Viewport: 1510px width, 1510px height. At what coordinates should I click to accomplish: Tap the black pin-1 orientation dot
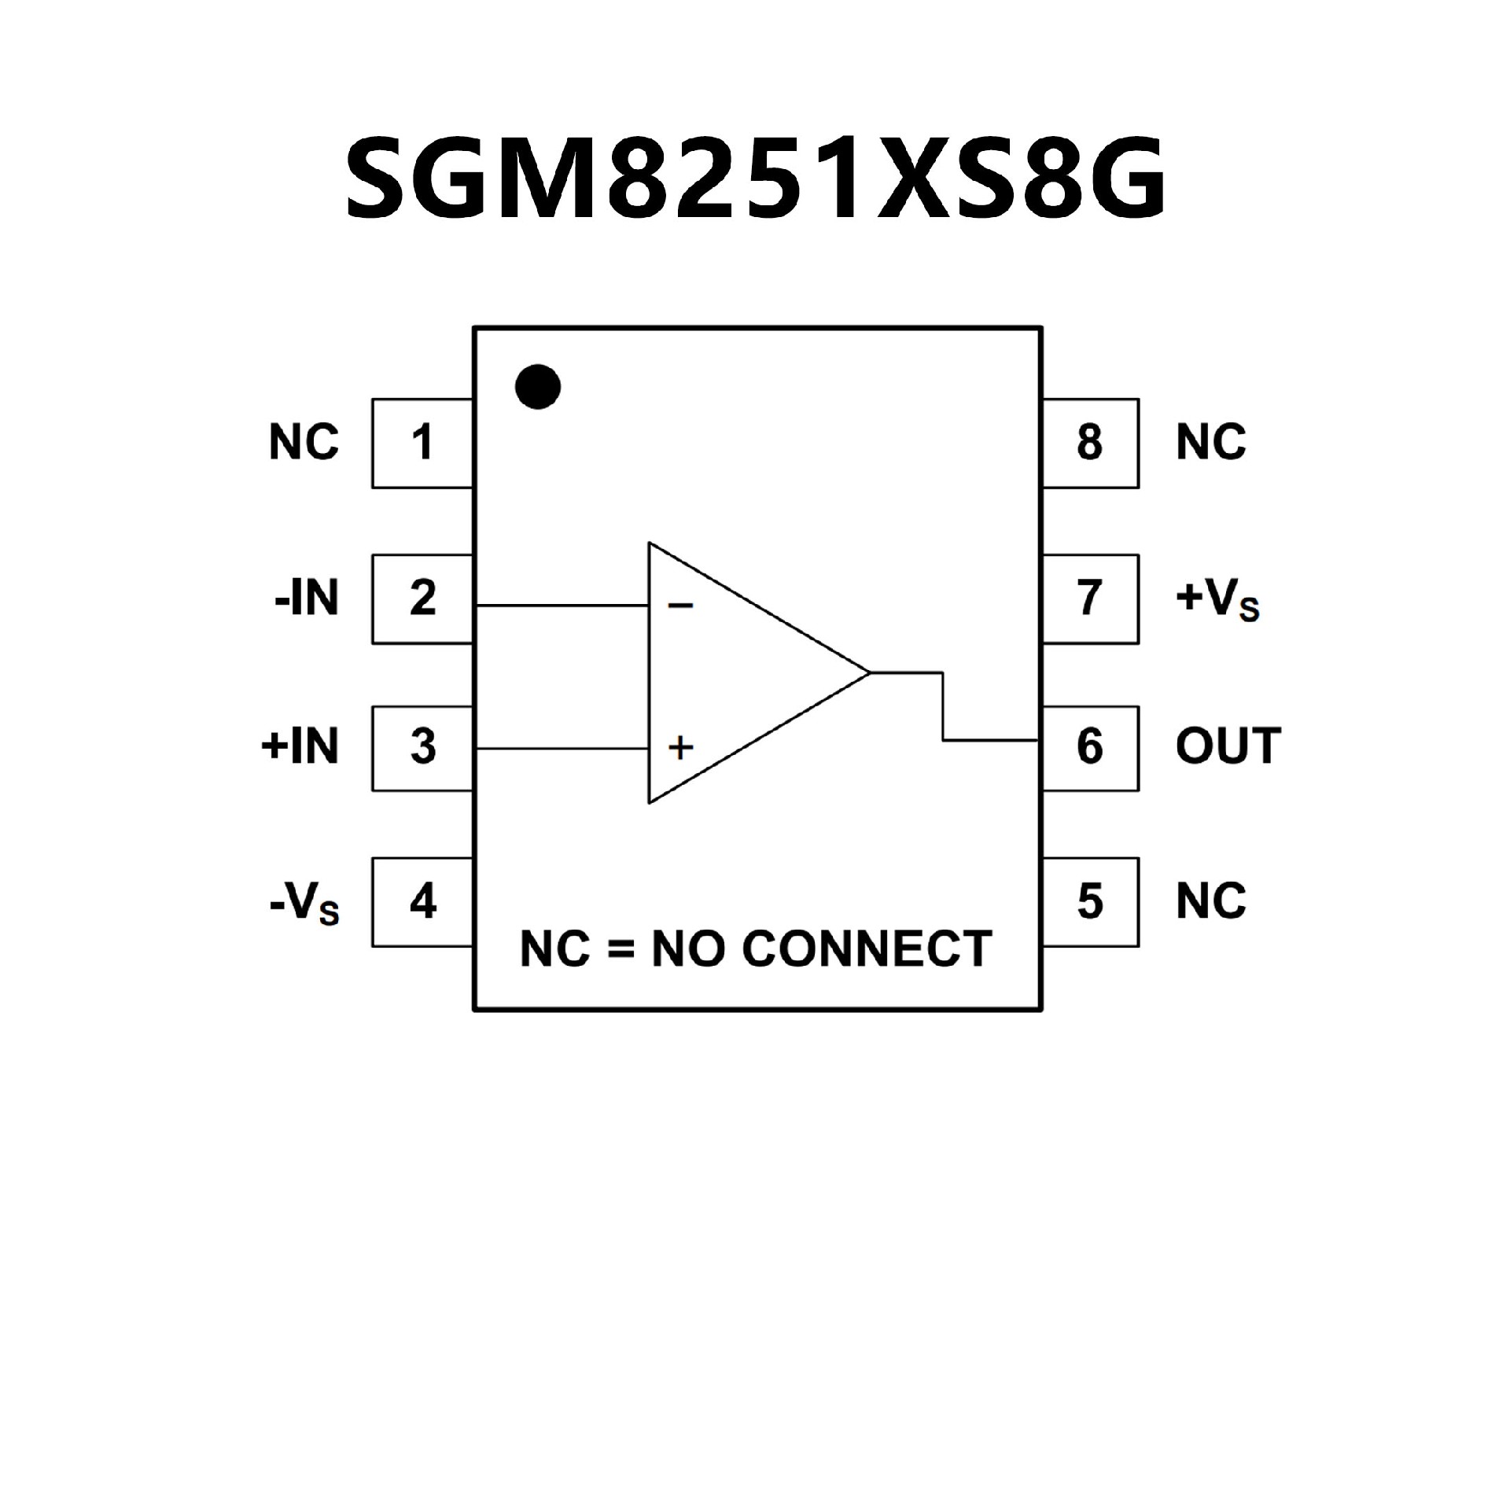(x=538, y=387)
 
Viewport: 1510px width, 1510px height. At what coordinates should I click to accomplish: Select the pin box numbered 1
(x=422, y=443)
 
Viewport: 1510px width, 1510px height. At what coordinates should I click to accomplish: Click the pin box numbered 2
(x=422, y=598)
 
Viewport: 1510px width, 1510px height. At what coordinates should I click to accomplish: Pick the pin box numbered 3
(x=422, y=747)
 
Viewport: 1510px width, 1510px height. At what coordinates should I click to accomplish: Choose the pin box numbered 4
(x=422, y=901)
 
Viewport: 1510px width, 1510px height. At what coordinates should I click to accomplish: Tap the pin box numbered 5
(x=1090, y=901)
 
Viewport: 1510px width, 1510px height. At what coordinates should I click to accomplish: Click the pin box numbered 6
(x=1090, y=747)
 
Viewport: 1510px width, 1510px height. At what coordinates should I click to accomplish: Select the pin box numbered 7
(x=1090, y=598)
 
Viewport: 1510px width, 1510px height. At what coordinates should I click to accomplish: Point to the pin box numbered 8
(x=1090, y=443)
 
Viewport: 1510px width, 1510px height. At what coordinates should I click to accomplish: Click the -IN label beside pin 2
(x=307, y=599)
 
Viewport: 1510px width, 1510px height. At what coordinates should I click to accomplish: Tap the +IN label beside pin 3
(x=300, y=746)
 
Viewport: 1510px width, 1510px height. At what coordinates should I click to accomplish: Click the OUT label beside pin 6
(x=1228, y=746)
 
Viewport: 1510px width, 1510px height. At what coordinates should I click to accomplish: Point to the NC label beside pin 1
(x=304, y=442)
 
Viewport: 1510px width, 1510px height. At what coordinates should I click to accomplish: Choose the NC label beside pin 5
(x=1211, y=901)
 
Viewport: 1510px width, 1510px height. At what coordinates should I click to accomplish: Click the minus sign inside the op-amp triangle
(x=680, y=606)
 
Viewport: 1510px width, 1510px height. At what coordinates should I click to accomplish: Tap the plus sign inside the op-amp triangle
(x=680, y=746)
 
